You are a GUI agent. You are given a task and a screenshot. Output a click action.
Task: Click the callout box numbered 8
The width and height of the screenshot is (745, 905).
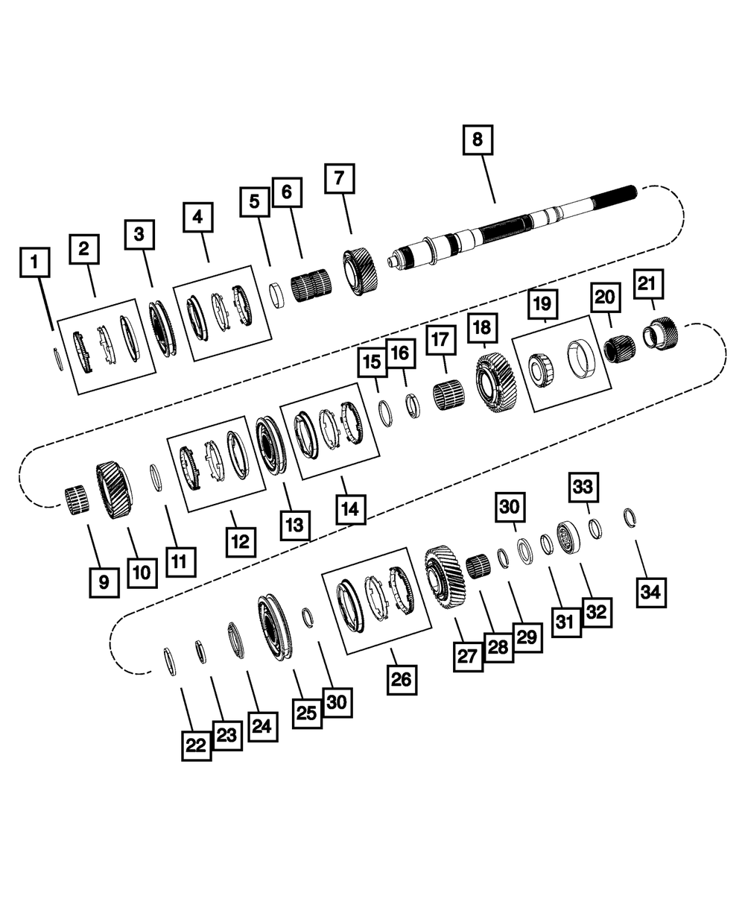pos(478,140)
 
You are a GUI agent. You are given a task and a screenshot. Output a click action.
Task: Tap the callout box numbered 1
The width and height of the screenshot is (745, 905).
pos(35,262)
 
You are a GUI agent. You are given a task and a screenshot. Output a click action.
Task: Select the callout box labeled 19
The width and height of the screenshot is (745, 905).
pos(542,304)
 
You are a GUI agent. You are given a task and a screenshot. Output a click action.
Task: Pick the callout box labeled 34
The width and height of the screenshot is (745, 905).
pos(651,592)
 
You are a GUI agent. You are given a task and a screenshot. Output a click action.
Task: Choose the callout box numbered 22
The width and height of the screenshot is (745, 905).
pos(196,745)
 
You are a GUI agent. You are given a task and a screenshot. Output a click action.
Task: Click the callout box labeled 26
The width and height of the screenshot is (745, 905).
pos(402,680)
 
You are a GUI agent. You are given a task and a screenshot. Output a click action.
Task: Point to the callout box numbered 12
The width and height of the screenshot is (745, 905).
pos(241,542)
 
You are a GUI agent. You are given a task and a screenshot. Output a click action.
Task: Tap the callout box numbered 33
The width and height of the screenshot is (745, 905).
pos(583,488)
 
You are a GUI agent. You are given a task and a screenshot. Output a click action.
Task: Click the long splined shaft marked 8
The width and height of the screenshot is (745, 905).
pos(511,227)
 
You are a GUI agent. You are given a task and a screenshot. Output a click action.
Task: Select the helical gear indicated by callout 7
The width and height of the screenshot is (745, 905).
pos(361,273)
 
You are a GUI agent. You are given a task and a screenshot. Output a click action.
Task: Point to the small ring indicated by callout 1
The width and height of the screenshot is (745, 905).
pos(58,359)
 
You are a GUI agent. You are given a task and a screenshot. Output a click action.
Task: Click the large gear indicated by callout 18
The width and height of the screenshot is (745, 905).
pos(496,383)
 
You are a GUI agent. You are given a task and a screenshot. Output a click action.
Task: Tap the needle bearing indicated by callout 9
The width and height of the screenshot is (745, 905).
pos(77,501)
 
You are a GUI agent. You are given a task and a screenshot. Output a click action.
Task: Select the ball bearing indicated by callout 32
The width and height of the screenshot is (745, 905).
pos(566,538)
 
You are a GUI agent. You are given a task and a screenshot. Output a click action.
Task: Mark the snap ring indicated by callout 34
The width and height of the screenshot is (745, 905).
pos(630,518)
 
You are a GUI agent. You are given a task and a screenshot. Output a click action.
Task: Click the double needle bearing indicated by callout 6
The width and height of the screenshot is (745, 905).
pos(311,284)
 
